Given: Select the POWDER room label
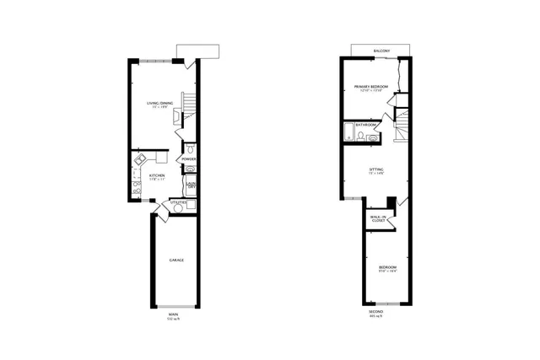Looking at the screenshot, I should coord(189,159).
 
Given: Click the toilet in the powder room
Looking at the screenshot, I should coord(191,149).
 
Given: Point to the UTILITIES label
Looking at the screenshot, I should coord(178,202).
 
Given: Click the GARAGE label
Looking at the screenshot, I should coord(175,260).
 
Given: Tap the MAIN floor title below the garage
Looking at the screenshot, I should coord(173,315).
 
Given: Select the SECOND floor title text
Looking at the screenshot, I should coord(375,315).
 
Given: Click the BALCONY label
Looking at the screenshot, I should coord(381,51).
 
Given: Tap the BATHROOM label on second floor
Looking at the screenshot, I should coord(365,125).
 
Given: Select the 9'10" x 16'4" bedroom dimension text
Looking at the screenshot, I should coord(387,271).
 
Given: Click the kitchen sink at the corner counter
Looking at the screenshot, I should coord(141,158).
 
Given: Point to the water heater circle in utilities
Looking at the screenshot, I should coord(190,205).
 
